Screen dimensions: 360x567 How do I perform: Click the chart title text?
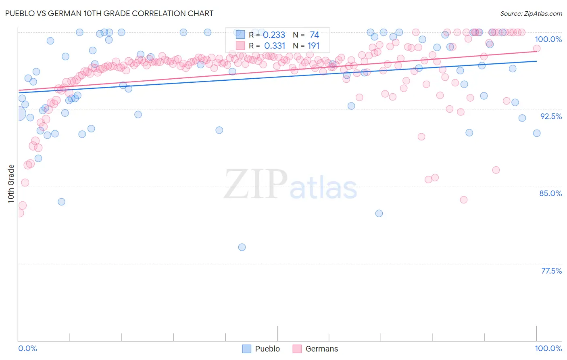point(109,13)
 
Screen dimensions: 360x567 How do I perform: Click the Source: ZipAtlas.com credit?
point(531,13)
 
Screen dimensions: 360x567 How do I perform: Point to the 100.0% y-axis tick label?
point(548,39)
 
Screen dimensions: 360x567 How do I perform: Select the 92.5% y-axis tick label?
point(550,116)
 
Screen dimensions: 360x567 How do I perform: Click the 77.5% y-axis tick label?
point(551,271)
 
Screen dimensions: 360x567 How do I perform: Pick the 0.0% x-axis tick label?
point(27,348)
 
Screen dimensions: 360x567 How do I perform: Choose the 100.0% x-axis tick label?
point(548,348)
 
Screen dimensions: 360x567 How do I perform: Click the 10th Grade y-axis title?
point(11,184)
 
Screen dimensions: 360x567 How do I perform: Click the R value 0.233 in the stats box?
point(274,35)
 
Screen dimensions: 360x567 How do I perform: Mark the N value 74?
point(314,35)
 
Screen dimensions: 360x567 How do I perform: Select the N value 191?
point(313,46)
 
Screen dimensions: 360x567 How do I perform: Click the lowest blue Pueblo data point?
point(242,247)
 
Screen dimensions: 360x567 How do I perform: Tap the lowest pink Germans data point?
point(19,213)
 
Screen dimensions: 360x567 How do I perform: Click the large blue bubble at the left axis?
point(18,114)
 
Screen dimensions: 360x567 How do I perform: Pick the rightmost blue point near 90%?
point(536,133)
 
